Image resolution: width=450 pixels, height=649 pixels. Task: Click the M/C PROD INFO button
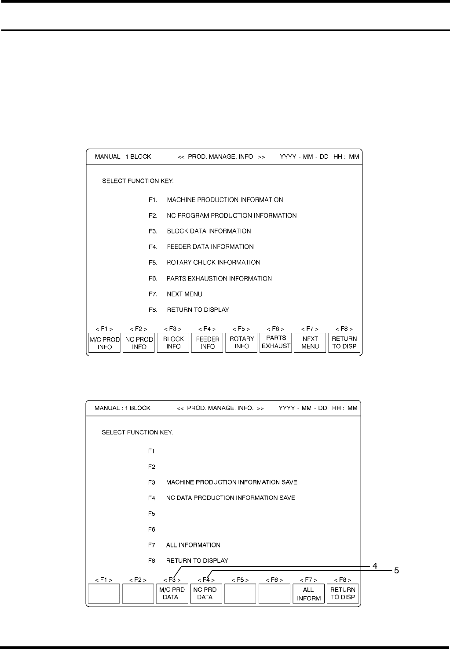point(105,343)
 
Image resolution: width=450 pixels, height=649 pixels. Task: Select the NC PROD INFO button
point(139,343)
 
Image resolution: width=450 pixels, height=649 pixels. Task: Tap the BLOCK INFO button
point(173,343)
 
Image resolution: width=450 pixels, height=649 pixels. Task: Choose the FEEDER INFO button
point(207,343)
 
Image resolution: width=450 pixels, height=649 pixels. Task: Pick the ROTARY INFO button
point(241,343)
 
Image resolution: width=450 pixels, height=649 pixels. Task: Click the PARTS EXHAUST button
point(276,342)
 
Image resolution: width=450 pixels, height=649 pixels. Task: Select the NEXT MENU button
point(310,343)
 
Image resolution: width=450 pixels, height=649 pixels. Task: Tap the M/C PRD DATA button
point(172,593)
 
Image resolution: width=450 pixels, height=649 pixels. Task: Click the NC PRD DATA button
point(205,593)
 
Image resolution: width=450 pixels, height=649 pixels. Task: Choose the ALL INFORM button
point(309,594)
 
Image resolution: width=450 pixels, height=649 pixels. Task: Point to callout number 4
point(374,566)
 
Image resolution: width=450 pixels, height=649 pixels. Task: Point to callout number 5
point(396,571)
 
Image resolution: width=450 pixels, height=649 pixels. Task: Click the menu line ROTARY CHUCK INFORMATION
point(213,263)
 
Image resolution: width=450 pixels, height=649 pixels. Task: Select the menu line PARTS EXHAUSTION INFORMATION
point(219,278)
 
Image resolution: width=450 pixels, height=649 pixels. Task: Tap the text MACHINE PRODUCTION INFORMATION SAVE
point(231,482)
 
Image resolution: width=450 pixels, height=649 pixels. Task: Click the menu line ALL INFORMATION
point(193,545)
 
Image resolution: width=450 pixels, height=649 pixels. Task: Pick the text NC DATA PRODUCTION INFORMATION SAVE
point(230,498)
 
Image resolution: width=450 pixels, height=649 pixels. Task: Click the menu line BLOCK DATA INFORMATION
point(209,231)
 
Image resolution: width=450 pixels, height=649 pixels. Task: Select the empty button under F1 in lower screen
point(104,594)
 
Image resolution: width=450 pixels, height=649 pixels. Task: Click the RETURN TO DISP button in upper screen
point(344,343)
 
